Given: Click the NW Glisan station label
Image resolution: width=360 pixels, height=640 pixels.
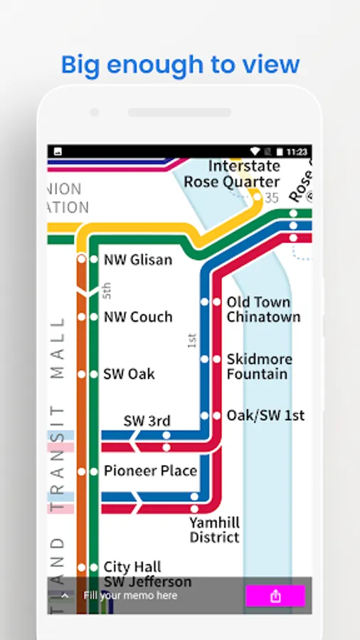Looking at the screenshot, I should (x=138, y=260).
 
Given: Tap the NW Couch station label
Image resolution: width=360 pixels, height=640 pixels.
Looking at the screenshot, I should (x=138, y=317).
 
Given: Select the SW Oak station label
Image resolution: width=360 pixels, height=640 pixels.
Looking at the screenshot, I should (x=129, y=374).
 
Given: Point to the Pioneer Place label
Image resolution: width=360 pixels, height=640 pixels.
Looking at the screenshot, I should (x=150, y=471).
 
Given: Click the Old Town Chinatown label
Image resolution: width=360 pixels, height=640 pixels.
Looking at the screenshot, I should (x=263, y=310).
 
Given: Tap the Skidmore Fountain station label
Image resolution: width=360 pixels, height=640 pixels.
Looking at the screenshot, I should (x=259, y=367).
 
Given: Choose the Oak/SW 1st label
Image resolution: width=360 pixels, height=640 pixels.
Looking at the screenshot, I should (x=265, y=415).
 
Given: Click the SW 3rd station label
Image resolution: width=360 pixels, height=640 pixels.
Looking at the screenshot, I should (x=147, y=421).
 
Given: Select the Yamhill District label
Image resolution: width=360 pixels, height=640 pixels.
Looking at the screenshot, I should (x=214, y=530).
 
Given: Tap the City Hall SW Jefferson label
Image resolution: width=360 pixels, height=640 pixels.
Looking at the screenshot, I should (x=147, y=575).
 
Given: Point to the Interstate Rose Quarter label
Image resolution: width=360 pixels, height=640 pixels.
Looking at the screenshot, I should (x=232, y=174).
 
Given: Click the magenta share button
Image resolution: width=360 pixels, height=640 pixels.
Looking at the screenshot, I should (x=275, y=596).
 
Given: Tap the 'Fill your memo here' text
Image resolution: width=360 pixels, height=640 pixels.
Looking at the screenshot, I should (x=130, y=596).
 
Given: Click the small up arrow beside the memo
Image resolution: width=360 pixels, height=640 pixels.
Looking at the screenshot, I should (x=65, y=596).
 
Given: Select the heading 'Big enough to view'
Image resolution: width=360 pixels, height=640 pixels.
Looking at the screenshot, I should (x=180, y=65).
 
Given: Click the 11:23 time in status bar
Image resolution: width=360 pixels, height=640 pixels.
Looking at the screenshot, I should (x=297, y=151).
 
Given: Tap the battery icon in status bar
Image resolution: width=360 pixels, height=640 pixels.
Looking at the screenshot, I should (x=280, y=151).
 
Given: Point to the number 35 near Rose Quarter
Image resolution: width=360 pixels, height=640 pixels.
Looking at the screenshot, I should (x=271, y=198).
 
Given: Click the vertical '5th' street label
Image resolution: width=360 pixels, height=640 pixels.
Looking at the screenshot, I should (x=107, y=290).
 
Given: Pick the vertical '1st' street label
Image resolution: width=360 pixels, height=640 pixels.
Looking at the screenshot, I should (x=191, y=341).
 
